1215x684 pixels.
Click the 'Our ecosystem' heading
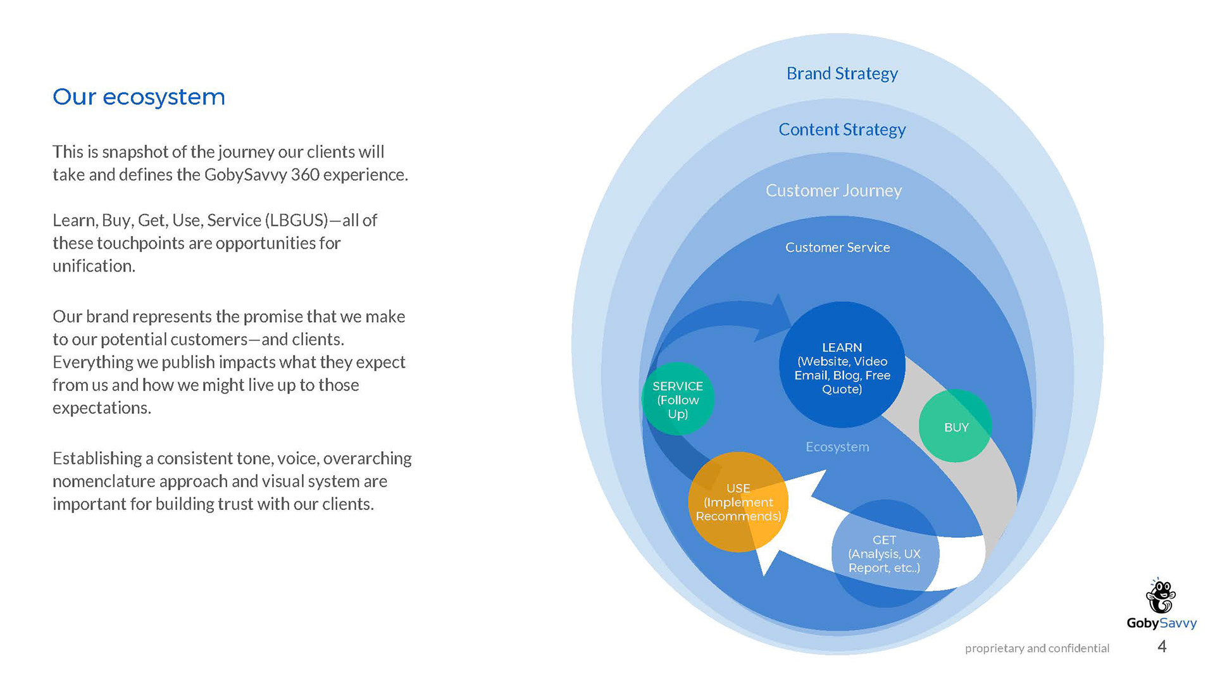(139, 97)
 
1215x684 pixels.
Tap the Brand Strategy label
(842, 74)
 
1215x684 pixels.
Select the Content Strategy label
(842, 130)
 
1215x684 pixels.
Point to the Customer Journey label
(833, 190)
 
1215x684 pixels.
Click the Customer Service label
(837, 247)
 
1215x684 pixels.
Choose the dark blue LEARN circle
(842, 364)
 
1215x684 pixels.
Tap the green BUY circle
(955, 426)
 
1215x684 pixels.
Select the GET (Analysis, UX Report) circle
(885, 554)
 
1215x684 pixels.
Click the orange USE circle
(738, 502)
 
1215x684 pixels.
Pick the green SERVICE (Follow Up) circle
(678, 399)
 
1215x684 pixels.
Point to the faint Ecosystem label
(837, 447)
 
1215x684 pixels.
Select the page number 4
(1162, 646)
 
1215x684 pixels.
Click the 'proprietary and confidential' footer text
(1037, 648)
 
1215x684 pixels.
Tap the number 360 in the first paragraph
(305, 175)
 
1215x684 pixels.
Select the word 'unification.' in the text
(94, 266)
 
